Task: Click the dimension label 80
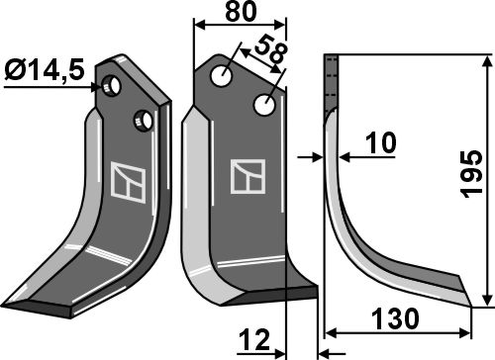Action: pyautogui.click(x=241, y=12)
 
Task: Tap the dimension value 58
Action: pyautogui.click(x=270, y=50)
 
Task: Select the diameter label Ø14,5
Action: pyautogui.click(x=45, y=71)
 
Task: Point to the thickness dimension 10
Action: pyautogui.click(x=380, y=143)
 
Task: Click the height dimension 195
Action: pyautogui.click(x=472, y=174)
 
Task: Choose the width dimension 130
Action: pyautogui.click(x=395, y=318)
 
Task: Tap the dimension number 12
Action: pyautogui.click(x=254, y=340)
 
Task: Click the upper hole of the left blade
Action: pyautogui.click(x=111, y=86)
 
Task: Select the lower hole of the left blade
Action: pyautogui.click(x=143, y=121)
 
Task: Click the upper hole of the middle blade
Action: pyautogui.click(x=222, y=75)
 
